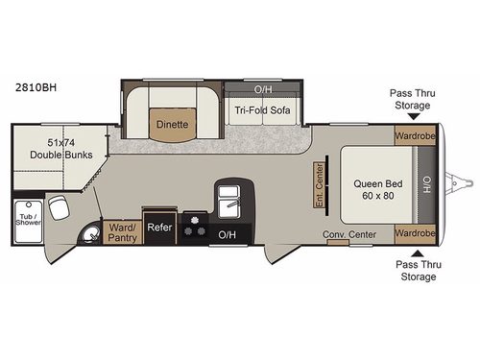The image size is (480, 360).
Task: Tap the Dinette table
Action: [x=172, y=124]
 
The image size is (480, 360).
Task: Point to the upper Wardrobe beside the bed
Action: [x=414, y=135]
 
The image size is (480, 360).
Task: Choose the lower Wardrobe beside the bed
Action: [x=414, y=232]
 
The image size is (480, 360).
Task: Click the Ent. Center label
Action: [x=321, y=182]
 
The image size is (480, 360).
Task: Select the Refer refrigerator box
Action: [x=158, y=228]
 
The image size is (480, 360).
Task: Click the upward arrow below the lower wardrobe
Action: [x=413, y=255]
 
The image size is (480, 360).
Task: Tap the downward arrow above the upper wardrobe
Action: [x=413, y=114]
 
